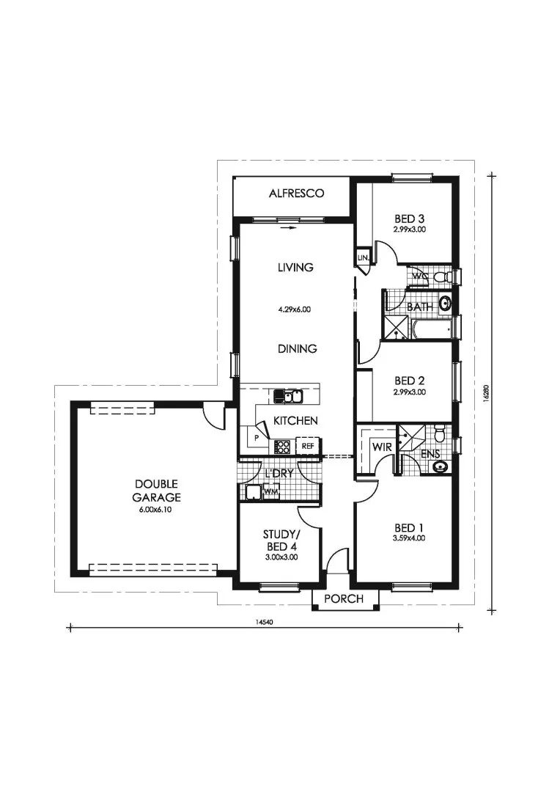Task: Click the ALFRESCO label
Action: coord(296,193)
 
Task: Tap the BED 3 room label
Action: coord(409,219)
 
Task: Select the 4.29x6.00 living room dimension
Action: coord(295,309)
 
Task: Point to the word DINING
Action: coord(298,348)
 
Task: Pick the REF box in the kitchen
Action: coord(308,446)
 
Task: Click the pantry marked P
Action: coord(257,438)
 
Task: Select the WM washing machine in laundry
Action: coord(270,491)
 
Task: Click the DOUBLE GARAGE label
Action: coord(157,491)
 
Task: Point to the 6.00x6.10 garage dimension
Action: coord(156,510)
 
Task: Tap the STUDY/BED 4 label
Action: coord(280,540)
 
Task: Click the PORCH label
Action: coord(344,598)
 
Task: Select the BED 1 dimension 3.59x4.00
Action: coord(409,538)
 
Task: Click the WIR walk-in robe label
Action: coord(383,447)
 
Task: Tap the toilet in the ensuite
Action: coord(439,433)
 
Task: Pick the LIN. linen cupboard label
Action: coord(364,257)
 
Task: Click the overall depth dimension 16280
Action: coord(485,394)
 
